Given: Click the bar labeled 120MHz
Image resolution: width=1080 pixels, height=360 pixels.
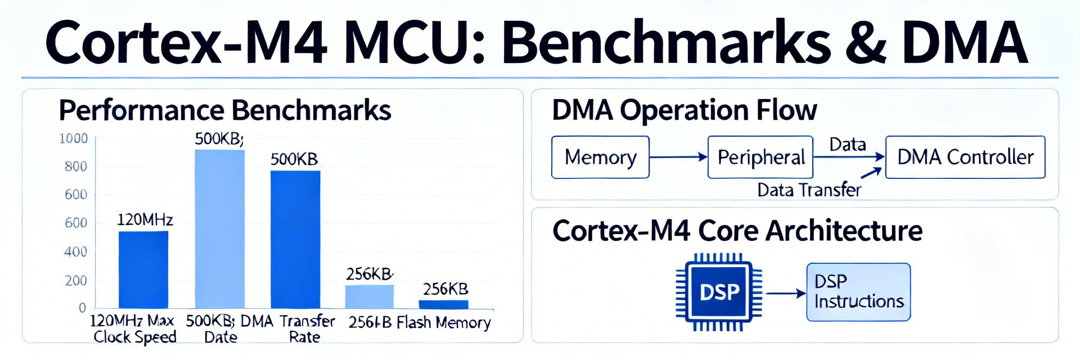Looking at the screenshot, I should [143, 269].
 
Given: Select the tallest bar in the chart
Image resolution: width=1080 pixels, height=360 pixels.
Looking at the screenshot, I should [220, 228].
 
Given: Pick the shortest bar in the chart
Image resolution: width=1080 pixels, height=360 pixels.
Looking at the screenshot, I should [443, 304].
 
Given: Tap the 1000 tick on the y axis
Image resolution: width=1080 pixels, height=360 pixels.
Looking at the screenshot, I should [74, 138].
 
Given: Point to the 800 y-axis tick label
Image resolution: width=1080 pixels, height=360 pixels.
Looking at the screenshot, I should [76, 166].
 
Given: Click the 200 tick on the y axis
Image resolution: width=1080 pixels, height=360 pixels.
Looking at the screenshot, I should [76, 281].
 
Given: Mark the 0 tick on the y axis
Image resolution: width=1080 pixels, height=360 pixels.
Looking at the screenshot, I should [82, 308].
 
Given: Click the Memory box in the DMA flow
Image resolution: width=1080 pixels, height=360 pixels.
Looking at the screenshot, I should [600, 157].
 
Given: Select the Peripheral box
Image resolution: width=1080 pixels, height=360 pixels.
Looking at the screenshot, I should [760, 157].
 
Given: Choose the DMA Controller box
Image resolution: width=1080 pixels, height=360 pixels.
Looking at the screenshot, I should [965, 157].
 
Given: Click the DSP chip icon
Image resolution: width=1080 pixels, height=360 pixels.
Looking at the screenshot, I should [719, 292].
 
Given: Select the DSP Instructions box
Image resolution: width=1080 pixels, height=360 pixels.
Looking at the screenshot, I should [858, 292].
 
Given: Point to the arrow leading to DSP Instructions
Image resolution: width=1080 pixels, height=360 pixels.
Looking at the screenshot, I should [786, 293].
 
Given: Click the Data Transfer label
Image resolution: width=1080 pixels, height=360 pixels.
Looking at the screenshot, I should [809, 190].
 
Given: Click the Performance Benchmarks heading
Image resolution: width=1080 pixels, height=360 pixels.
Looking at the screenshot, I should [225, 110].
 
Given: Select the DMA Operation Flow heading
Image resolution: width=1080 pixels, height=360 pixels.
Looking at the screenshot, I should [684, 110].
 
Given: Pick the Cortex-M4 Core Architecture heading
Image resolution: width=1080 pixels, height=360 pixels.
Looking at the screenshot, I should [737, 231].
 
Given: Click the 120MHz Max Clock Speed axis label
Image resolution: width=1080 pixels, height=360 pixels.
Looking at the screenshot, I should [134, 329].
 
